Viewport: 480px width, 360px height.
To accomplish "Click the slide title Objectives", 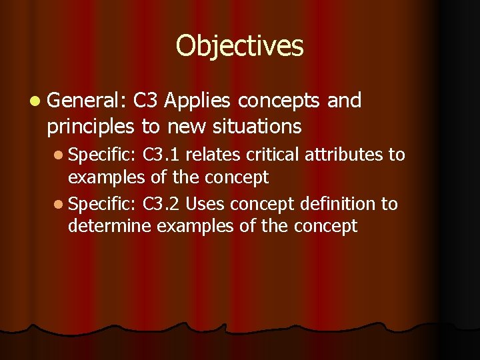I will pyautogui.click(x=239, y=46).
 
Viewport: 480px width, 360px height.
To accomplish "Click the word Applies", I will pyautogui.click(x=197, y=101).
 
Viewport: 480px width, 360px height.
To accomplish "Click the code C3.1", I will pyautogui.click(x=161, y=155).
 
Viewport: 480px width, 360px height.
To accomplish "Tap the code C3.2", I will pyautogui.click(x=161, y=204).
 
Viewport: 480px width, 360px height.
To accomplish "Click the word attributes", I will pyautogui.click(x=346, y=155).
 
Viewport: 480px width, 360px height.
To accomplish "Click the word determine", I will pyautogui.click(x=109, y=227).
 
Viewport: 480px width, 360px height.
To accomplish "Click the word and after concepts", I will pyautogui.click(x=345, y=101).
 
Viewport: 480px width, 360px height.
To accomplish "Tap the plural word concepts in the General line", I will pyautogui.click(x=280, y=101).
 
